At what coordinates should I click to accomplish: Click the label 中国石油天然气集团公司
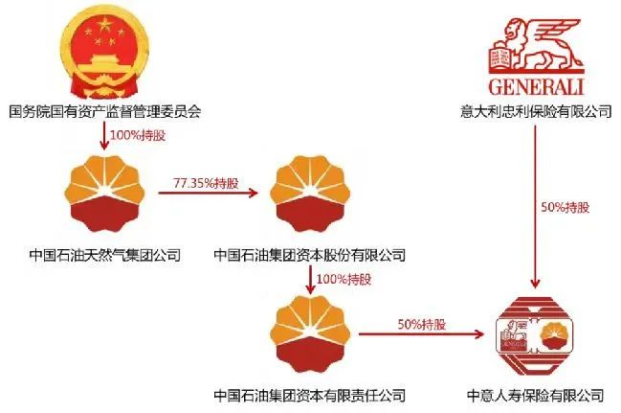point(104,255)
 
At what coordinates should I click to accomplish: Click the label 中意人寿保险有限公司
point(536,395)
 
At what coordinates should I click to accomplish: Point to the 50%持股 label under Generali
point(558,207)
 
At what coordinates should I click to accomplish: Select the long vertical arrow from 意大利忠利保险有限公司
point(536,206)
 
